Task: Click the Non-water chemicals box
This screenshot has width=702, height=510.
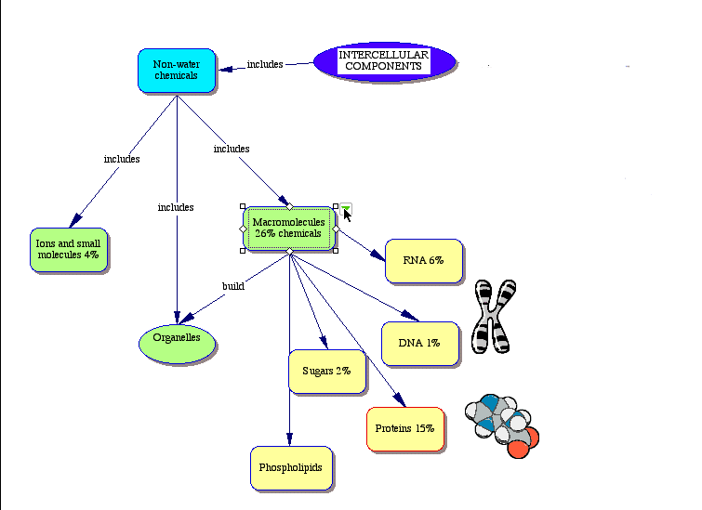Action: tap(177, 71)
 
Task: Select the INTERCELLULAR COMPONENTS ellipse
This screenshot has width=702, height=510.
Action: tap(384, 61)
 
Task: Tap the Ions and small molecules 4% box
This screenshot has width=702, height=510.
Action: tap(68, 249)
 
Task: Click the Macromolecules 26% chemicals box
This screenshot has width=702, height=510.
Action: tap(288, 229)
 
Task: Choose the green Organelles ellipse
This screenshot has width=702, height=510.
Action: tap(177, 339)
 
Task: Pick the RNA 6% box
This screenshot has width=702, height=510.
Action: tap(423, 260)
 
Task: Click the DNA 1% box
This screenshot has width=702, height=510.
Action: tap(419, 344)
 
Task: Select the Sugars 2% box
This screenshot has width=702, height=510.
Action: tap(326, 372)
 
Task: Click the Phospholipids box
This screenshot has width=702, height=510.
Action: tap(290, 468)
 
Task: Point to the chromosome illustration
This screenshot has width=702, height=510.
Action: tap(493, 317)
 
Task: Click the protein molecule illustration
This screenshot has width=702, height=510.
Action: tap(501, 425)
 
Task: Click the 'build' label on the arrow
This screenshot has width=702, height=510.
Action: tap(233, 286)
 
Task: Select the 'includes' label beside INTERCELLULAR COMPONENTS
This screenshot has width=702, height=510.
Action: tap(265, 65)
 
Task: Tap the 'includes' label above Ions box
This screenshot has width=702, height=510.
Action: tap(122, 159)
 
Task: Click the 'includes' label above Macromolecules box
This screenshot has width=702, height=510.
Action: tap(232, 149)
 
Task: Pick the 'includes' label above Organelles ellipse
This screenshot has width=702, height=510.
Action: tap(176, 207)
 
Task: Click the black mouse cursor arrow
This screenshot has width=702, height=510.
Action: tap(348, 216)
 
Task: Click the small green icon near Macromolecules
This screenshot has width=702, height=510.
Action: tap(346, 207)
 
